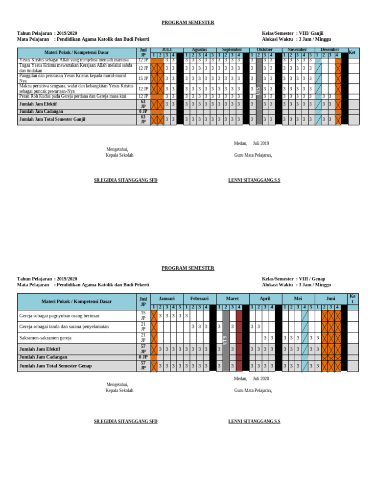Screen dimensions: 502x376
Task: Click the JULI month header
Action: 166,50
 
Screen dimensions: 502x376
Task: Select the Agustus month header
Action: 199,50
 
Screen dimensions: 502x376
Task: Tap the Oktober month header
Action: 264,50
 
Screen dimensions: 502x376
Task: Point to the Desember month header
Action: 329,50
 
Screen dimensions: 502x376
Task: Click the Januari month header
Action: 166,298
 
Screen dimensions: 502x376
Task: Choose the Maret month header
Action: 232,298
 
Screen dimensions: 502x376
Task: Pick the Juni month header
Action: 330,298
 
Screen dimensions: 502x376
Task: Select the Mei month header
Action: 298,298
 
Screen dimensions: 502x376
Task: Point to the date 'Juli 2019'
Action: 261,144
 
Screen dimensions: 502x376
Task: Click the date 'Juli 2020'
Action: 261,379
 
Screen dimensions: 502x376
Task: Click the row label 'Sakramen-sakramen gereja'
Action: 45,338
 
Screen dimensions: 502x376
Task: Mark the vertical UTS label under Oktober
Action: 258,90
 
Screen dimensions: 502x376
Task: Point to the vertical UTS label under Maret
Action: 226,339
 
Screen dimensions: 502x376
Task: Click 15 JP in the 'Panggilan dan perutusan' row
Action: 143,78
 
